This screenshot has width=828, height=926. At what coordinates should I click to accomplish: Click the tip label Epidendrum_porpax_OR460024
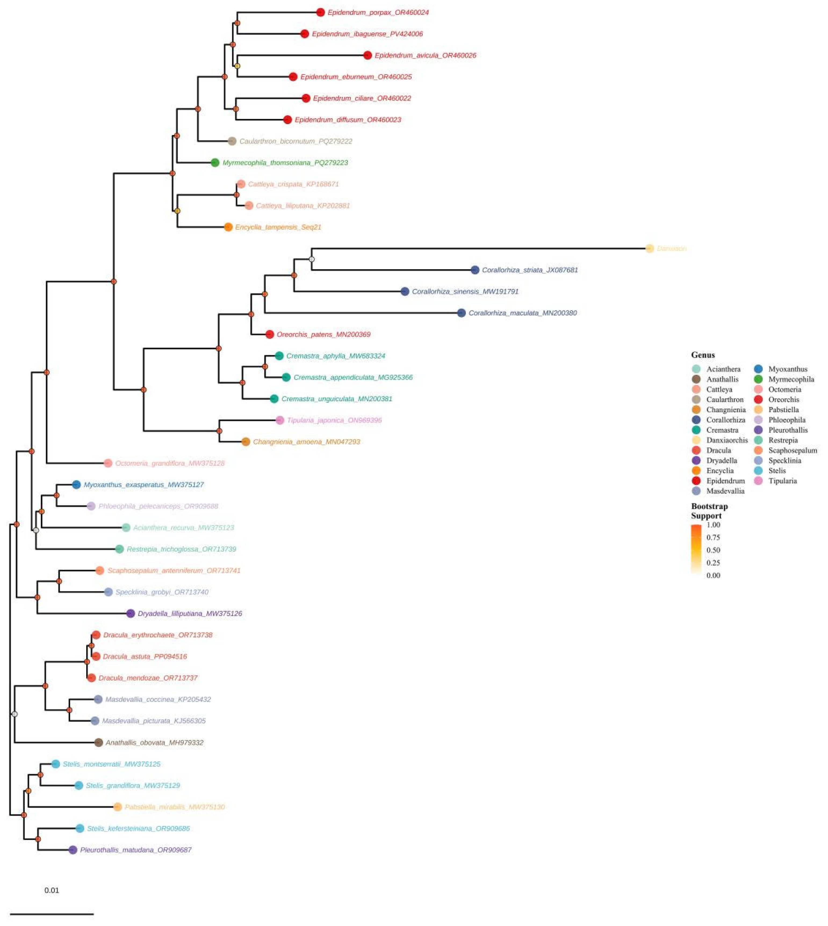[x=378, y=12]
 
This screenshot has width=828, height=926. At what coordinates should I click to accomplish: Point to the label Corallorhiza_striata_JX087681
[x=530, y=270]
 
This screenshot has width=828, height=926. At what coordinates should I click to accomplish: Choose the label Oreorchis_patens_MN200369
[x=323, y=334]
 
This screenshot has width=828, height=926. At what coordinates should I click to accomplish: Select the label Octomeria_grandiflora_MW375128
[x=170, y=463]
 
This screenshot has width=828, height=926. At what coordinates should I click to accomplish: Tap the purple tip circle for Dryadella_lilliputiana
[x=131, y=613]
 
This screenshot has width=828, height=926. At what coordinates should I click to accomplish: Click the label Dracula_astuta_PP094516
[x=145, y=656]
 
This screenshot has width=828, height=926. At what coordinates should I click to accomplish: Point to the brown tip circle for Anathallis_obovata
[x=98, y=742]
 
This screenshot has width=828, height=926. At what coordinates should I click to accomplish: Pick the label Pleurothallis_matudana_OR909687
[x=136, y=849]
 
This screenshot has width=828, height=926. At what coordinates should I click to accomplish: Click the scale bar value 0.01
[x=51, y=890]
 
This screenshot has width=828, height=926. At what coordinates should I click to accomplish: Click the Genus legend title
[x=703, y=355]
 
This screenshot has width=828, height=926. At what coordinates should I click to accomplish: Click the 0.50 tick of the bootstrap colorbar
[x=713, y=550]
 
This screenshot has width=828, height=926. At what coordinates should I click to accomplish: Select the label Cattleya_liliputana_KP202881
[x=303, y=205]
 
